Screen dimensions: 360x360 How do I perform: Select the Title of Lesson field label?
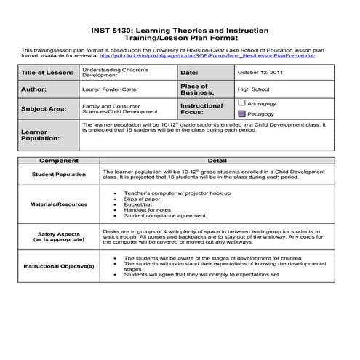coord(47,73)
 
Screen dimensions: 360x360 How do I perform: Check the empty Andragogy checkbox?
coord(241,103)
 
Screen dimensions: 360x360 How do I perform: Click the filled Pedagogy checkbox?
coord(241,113)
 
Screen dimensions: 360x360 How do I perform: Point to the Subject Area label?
coord(44,108)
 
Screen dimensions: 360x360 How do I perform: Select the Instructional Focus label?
coord(201,109)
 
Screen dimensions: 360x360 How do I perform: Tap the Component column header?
coord(58,160)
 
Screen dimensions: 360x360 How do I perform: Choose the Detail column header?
coord(217,160)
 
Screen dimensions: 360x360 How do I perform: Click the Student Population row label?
coord(58,175)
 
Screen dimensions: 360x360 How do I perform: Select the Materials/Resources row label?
coord(58,204)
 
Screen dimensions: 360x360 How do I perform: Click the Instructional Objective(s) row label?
coord(58,267)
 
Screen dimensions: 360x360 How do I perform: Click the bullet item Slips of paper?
coord(142,199)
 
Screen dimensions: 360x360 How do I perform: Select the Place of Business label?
coord(199,90)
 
